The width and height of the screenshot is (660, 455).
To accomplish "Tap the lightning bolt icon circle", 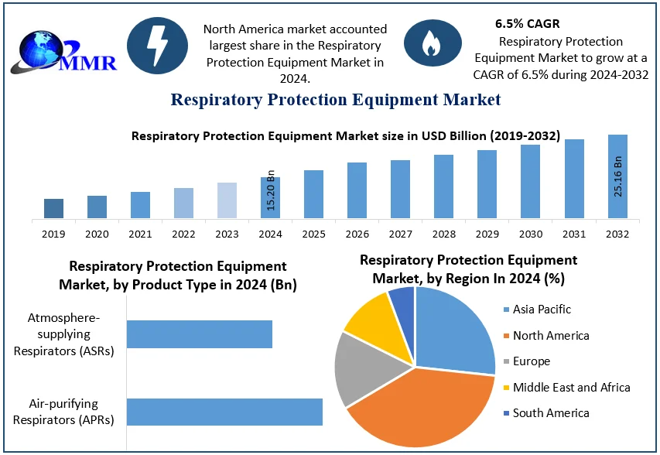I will tap(157, 46).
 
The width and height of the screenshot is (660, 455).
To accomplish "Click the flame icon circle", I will tap(432, 46).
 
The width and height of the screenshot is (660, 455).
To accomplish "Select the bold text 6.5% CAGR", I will tap(527, 24).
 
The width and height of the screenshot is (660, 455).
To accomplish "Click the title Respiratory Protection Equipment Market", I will tap(336, 100).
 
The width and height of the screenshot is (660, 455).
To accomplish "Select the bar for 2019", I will tap(53, 208).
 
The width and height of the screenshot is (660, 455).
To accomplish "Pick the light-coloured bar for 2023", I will tap(227, 200).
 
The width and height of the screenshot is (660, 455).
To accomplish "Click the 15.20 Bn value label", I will tap(271, 190).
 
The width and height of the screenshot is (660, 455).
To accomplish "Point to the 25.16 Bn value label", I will tap(618, 176).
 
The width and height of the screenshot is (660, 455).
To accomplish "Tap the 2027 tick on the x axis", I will tap(400, 234).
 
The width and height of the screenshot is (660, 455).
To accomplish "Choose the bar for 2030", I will tap(530, 181).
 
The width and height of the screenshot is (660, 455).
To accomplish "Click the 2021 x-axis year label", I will tap(140, 234).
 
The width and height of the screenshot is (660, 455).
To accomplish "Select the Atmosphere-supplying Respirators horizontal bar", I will tap(200, 334).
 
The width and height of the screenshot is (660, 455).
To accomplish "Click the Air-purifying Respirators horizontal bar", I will tap(224, 412).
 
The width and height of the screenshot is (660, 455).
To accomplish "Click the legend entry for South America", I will tap(551, 413).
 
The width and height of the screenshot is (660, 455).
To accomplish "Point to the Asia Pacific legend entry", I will tap(542, 310).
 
